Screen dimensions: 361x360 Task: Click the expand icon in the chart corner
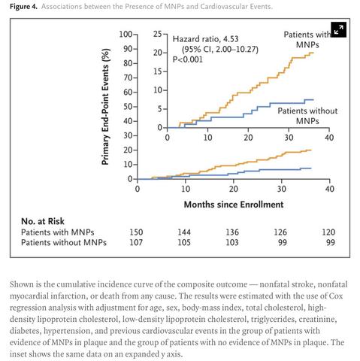[338, 29]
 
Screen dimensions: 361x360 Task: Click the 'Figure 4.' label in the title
[24, 7]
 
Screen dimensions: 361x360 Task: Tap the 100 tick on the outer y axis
[125, 35]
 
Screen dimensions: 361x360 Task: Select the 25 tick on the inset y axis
[158, 35]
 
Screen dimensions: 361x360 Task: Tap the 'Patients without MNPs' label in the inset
[307, 115]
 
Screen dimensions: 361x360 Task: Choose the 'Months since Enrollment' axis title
[233, 204]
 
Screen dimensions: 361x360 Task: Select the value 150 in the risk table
[137, 232]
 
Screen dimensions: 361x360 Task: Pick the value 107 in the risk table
[137, 242]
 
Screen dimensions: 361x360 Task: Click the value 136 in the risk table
[233, 232]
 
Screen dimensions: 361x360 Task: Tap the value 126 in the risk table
[280, 232]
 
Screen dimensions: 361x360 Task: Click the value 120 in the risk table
[328, 232]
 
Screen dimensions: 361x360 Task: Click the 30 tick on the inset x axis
[289, 137]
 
